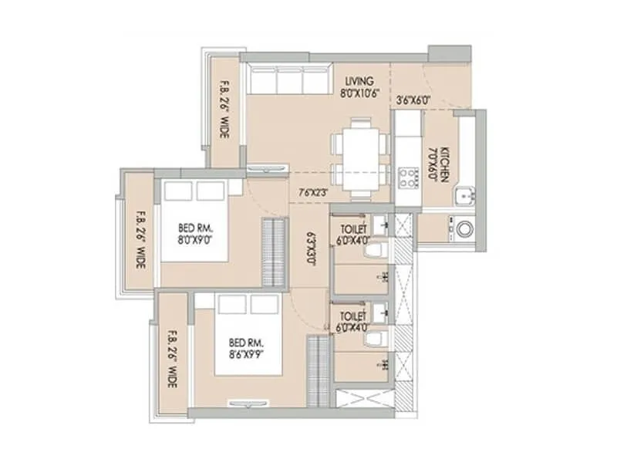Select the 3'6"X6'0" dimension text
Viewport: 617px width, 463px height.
[413, 100]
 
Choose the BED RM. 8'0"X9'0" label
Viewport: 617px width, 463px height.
[196, 234]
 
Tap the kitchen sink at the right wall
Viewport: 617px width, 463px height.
[465, 198]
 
